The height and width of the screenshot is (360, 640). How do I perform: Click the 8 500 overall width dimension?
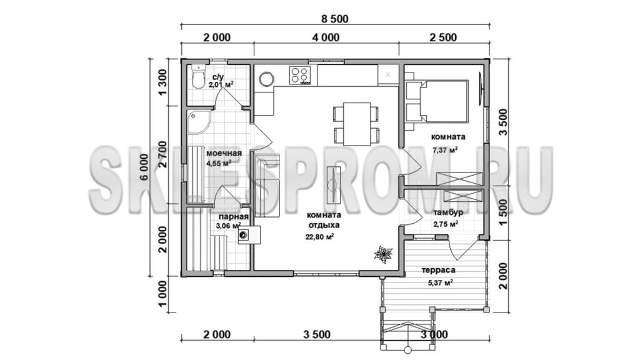coord(334,19)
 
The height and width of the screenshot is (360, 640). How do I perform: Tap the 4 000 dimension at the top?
coord(326,37)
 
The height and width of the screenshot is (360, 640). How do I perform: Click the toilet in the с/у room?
coord(198,77)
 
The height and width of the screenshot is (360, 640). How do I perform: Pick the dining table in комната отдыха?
coord(356,123)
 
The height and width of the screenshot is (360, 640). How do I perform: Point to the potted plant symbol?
coord(383,255)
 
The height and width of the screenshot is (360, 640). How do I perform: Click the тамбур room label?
coord(448,212)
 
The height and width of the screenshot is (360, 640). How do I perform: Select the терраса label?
coord(438,270)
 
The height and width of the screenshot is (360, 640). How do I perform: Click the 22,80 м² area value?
coord(320,236)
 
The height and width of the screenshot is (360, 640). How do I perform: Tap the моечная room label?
coord(224,154)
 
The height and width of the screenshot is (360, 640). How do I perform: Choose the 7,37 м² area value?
coord(444,149)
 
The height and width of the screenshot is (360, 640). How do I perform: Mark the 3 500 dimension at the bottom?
coord(317,335)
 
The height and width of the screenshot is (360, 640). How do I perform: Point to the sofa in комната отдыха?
coord(267,186)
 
